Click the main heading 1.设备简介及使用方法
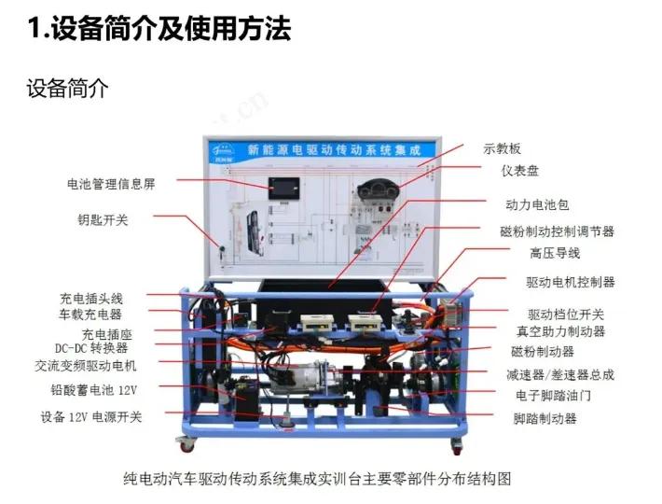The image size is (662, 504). pyautogui.click(x=159, y=28)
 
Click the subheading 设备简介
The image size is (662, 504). pyautogui.click(x=67, y=90)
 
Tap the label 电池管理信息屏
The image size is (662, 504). pyautogui.click(x=110, y=184)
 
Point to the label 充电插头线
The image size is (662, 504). pyautogui.click(x=91, y=299)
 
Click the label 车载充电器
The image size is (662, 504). pyautogui.click(x=91, y=315)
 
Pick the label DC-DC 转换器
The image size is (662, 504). pyautogui.click(x=91, y=348)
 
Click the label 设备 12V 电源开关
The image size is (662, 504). pyautogui.click(x=91, y=416)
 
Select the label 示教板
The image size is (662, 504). pyautogui.click(x=502, y=148)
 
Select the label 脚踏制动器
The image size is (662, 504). pyautogui.click(x=545, y=418)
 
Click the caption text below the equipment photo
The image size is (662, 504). pyautogui.click(x=318, y=480)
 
